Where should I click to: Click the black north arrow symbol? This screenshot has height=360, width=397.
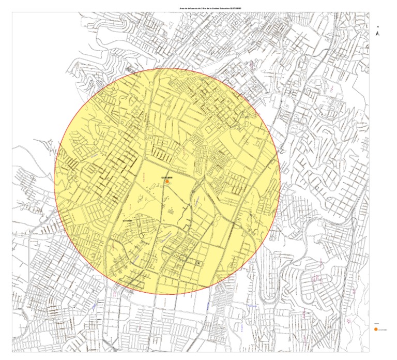378,33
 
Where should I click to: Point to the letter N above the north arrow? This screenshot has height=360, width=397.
378,26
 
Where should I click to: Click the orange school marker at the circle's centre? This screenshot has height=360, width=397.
167,182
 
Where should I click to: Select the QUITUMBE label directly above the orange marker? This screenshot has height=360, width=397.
166,177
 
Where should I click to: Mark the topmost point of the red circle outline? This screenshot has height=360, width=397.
167,68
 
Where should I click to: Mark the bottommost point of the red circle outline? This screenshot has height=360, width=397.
167,295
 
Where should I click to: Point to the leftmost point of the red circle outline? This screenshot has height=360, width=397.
54,182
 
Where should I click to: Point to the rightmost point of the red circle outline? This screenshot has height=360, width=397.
280,182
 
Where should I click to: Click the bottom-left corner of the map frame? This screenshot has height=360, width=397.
12,352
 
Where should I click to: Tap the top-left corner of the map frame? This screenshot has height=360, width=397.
12,12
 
